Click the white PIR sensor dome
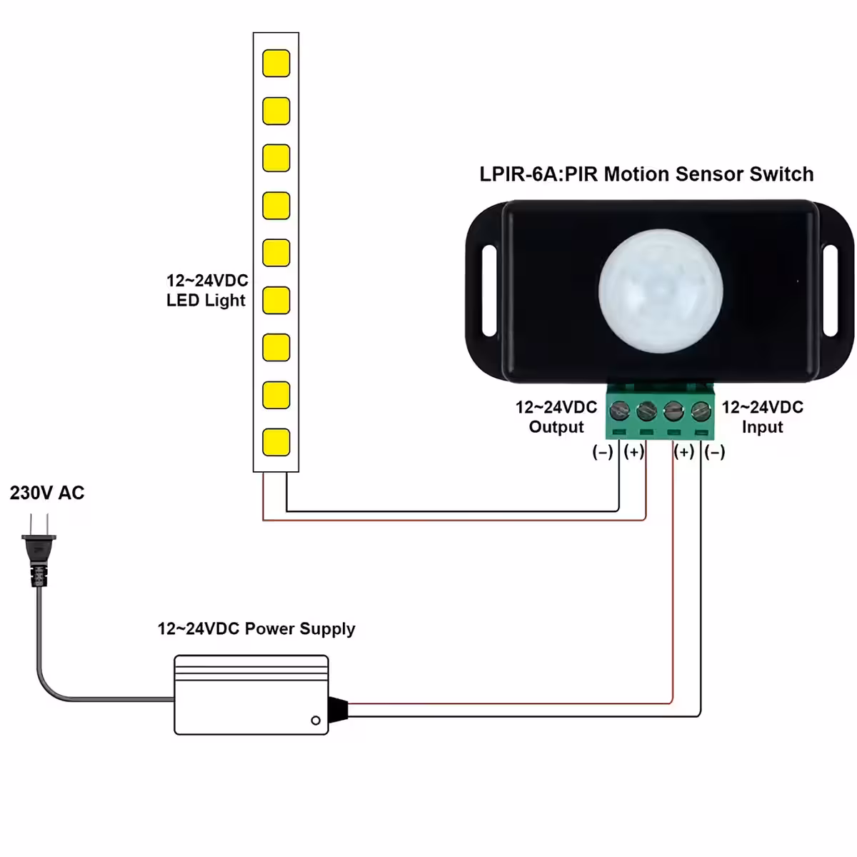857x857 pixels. (x=661, y=291)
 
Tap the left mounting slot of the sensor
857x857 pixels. (x=489, y=291)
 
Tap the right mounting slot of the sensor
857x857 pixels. (x=831, y=291)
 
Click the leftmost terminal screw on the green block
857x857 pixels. (x=619, y=411)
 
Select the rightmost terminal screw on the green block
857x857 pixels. (x=701, y=411)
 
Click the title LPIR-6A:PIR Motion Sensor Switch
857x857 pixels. (x=646, y=174)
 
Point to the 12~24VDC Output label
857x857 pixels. (x=556, y=417)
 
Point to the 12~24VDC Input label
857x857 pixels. (x=762, y=417)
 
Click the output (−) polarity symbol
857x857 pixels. (x=603, y=452)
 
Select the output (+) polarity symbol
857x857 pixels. (x=633, y=452)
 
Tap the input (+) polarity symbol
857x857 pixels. (x=684, y=452)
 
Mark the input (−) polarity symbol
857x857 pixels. (x=715, y=452)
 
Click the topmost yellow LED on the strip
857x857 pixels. (x=276, y=63)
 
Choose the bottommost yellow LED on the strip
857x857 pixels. (x=276, y=442)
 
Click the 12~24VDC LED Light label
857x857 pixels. (x=206, y=291)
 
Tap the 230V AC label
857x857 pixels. (x=47, y=493)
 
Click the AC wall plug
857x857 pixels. (x=38, y=553)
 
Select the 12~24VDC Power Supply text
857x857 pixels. (x=256, y=629)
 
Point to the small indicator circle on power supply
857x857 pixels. (x=316, y=721)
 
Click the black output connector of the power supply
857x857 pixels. (x=338, y=708)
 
